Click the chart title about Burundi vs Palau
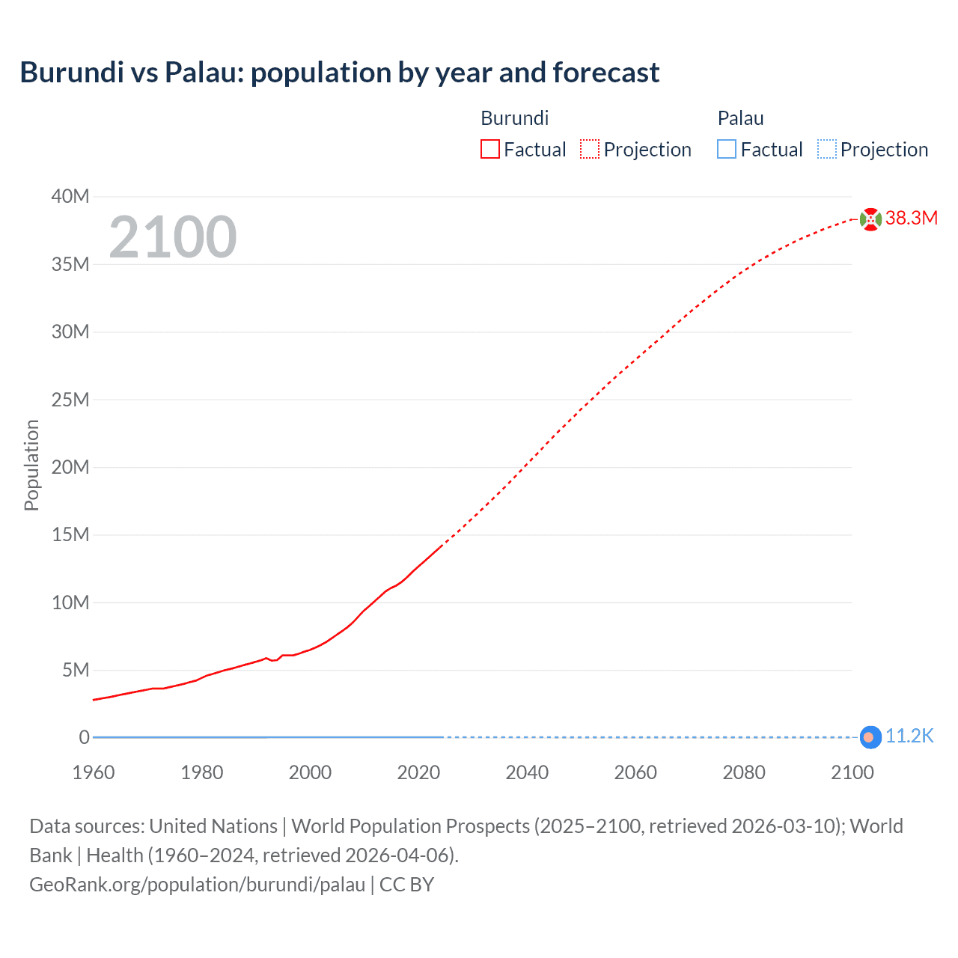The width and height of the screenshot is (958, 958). pos(339,73)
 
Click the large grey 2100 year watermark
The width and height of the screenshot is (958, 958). pos(173,237)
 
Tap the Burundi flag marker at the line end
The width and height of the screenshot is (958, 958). pos(870,219)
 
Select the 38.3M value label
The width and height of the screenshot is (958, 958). pos(911,218)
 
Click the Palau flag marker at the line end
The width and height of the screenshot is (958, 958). pos(869,737)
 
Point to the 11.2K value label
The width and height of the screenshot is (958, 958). pos(909,736)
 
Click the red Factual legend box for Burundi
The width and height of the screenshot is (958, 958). pos(490,149)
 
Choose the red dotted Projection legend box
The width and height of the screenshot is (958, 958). pos(590,149)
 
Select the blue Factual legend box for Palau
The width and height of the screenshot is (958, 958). pos(727,149)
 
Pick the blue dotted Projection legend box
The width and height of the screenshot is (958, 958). pos(826,149)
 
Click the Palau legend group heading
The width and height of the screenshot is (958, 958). pos(740,118)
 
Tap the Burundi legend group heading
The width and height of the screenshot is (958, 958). pos(514,118)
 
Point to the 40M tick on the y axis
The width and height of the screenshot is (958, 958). pos(70,196)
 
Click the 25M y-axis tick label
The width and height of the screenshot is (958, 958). pos(70,400)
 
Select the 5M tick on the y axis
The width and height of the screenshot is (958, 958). pos(75,670)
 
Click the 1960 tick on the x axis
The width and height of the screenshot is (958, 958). pos(94,772)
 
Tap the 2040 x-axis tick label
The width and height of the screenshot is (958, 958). pos(527,772)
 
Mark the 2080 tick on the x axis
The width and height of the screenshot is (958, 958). pos(744,772)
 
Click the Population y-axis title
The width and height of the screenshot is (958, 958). pos(31,466)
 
